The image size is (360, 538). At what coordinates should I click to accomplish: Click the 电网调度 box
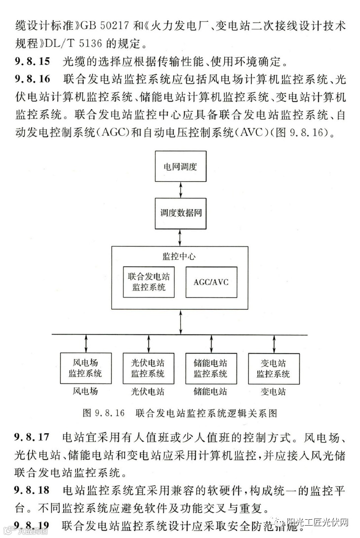pyautogui.click(x=180, y=166)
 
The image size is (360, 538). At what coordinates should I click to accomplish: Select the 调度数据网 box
pyautogui.click(x=180, y=213)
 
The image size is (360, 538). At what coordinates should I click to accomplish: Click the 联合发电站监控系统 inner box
pyautogui.click(x=149, y=282)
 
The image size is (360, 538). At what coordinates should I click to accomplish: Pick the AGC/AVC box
pyautogui.click(x=211, y=282)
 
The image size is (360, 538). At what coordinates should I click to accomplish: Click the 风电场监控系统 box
pyautogui.click(x=86, y=369)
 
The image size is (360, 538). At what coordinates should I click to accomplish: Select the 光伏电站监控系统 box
pyautogui.click(x=148, y=369)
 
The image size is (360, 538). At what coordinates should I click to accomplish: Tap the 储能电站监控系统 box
pyautogui.click(x=211, y=369)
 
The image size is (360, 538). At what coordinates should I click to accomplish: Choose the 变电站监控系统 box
pyautogui.click(x=273, y=369)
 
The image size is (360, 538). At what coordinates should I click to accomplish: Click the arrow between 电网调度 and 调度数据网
pyautogui.click(x=180, y=189)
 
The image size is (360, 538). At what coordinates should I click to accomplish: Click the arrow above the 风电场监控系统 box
pyautogui.click(x=86, y=343)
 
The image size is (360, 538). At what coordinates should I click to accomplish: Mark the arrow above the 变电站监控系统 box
pyautogui.click(x=273, y=343)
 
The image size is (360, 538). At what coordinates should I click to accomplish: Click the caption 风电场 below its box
pyautogui.click(x=86, y=392)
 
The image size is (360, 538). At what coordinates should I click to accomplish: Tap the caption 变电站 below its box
pyautogui.click(x=273, y=392)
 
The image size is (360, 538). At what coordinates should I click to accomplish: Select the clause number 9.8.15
pyautogui.click(x=33, y=62)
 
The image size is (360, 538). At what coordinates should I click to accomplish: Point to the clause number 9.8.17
pyautogui.click(x=33, y=438)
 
